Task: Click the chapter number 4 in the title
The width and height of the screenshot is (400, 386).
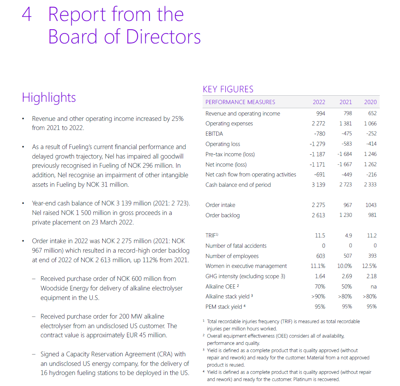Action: click(27, 15)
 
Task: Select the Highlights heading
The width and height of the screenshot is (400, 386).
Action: click(49, 98)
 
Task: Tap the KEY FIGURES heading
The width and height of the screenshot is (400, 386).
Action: click(228, 89)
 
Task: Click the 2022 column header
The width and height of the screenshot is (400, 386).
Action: click(319, 102)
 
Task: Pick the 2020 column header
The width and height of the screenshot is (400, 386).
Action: click(370, 102)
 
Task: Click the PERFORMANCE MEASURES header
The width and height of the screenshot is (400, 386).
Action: click(240, 102)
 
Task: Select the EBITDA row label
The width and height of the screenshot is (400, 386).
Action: click(214, 134)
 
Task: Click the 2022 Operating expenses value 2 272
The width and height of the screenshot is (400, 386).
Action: click(318, 123)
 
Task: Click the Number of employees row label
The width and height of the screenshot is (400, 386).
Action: click(232, 256)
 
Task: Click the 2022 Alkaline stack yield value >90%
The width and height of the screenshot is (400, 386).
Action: click(318, 296)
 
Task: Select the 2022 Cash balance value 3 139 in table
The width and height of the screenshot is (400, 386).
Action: click(318, 185)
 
